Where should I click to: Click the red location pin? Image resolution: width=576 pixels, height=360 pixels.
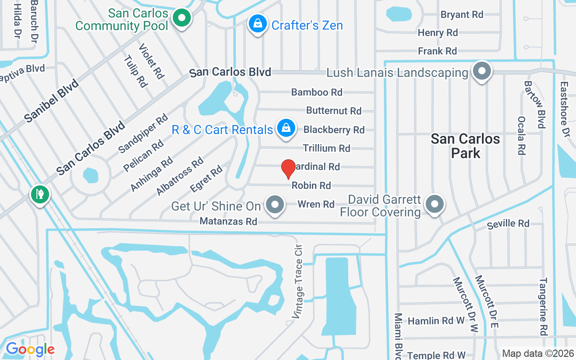click(x=288, y=169)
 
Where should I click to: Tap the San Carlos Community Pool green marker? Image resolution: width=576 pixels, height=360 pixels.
click(x=182, y=18)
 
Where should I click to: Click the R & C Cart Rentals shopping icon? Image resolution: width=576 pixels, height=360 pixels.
click(x=286, y=129)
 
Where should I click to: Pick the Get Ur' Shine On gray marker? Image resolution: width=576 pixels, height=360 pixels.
click(x=275, y=205)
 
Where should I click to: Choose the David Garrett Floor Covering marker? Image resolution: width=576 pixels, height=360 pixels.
click(x=434, y=204)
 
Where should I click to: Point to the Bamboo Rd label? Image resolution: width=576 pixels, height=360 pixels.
click(x=317, y=92)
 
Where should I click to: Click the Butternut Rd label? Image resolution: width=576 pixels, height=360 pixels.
click(x=334, y=111)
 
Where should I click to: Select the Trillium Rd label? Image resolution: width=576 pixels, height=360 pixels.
click(x=326, y=148)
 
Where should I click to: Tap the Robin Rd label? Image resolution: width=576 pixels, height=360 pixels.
click(x=311, y=185)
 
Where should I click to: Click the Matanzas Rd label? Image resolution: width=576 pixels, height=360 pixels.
click(x=228, y=221)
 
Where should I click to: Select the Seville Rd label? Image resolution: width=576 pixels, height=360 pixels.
click(x=508, y=224)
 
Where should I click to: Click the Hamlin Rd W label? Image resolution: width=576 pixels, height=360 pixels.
click(x=436, y=321)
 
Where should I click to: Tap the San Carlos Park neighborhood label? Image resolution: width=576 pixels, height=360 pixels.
click(x=465, y=145)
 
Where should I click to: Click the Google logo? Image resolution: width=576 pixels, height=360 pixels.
click(x=30, y=349)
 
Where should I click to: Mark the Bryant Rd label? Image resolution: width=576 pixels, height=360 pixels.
click(x=462, y=15)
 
